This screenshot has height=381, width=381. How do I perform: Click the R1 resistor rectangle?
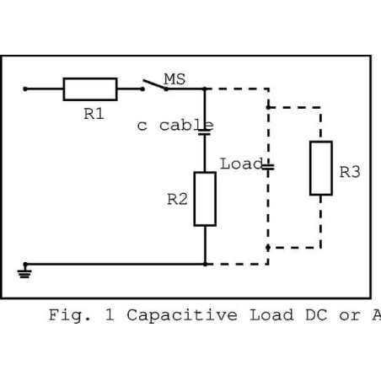coord(90,88)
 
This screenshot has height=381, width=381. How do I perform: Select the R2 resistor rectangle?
coord(205,198)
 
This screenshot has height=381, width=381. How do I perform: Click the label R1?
coord(94,114)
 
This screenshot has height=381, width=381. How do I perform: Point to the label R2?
coord(177,200)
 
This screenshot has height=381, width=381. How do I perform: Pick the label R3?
coord(350,172)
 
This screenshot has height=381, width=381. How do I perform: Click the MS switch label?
coord(174,78)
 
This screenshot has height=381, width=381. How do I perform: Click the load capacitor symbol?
coord(267,165)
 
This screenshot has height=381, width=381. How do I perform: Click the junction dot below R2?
coord(205,263)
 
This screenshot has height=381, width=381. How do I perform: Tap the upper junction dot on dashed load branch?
coord(267,107)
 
